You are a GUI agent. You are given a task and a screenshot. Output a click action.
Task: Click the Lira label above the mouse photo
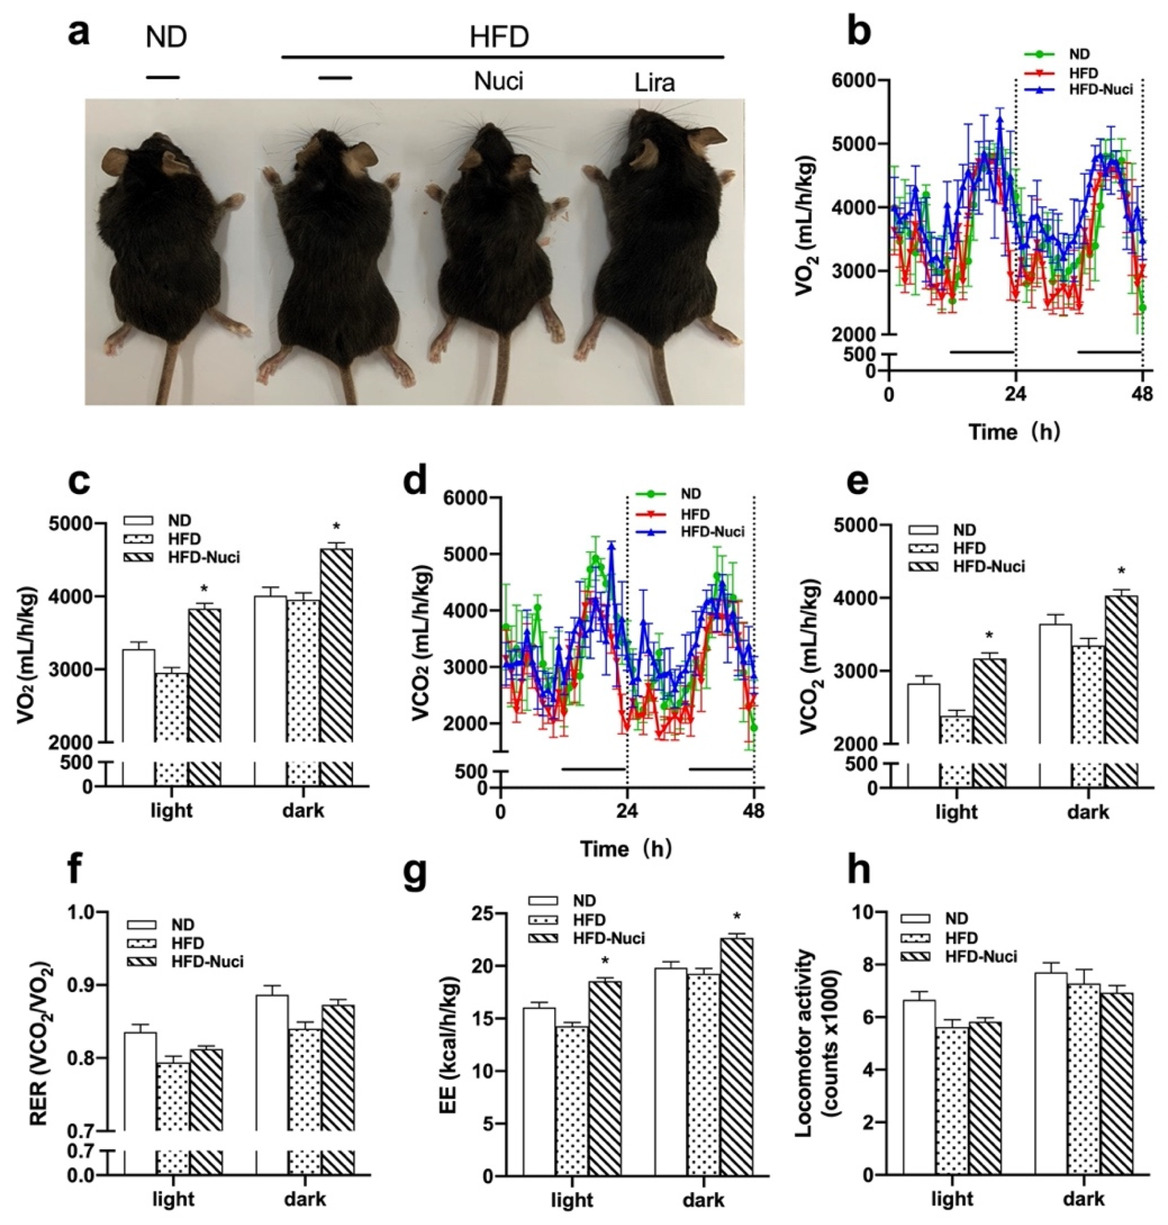[654, 83]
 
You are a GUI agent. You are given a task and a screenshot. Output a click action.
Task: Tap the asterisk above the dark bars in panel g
[737, 917]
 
